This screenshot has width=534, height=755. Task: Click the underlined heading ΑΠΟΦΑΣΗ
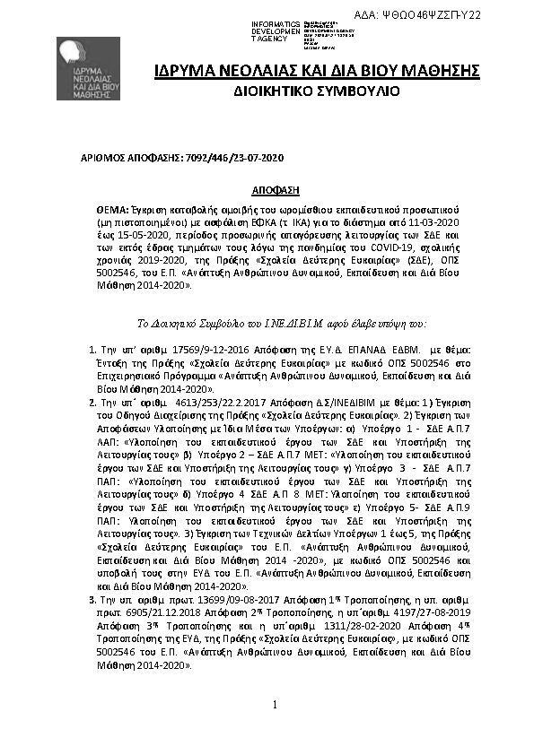coord(275,190)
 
